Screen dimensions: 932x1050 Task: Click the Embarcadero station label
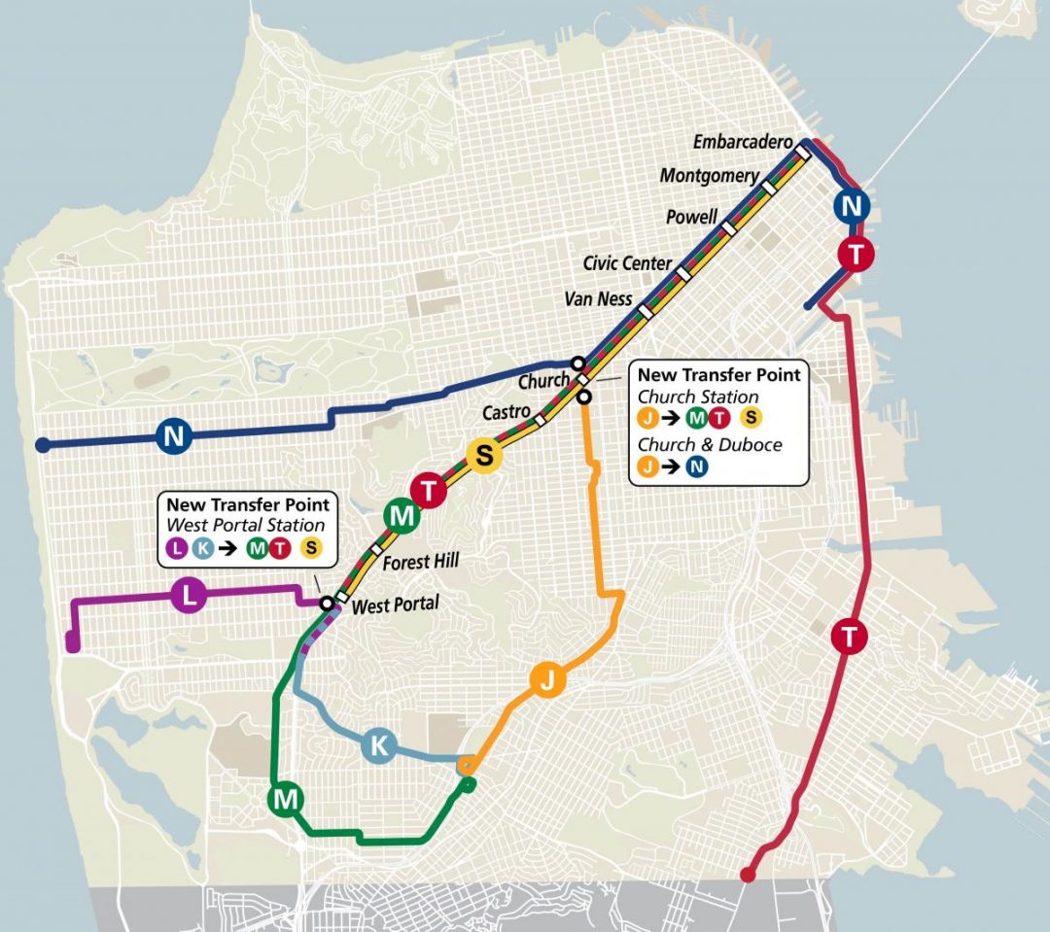pos(743,142)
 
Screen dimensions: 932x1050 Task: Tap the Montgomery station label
pos(709,176)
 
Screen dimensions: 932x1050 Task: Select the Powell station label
pos(691,217)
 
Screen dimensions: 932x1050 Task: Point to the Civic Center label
pos(627,263)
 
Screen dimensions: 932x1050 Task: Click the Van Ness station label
pos(598,299)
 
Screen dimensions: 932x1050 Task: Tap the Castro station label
pos(507,413)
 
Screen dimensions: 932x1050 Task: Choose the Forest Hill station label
pos(421,561)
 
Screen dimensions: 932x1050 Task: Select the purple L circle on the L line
pos(190,596)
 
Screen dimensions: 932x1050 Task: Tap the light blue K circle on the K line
pos(379,746)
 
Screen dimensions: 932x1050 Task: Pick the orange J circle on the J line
pos(546,682)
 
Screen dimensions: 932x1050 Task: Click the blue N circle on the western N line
pos(173,436)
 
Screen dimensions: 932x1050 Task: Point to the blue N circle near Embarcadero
pos(852,206)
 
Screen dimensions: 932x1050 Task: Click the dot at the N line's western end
pos(42,445)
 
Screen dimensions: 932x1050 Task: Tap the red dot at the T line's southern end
pos(748,876)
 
